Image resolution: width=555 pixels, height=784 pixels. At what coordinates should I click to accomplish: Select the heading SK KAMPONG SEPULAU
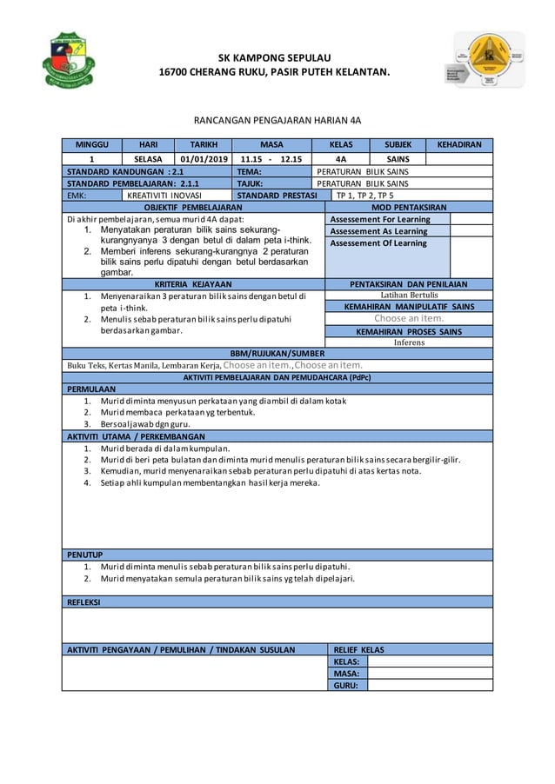pyautogui.click(x=277, y=54)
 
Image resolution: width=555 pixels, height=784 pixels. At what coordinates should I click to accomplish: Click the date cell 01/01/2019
pyautogui.click(x=203, y=160)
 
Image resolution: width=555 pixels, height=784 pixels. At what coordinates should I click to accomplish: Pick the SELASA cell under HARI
pyautogui.click(x=146, y=160)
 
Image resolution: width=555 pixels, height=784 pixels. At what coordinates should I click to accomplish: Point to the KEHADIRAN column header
pyautogui.click(x=458, y=146)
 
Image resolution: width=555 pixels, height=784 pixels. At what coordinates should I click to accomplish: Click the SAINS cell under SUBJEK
pyautogui.click(x=398, y=160)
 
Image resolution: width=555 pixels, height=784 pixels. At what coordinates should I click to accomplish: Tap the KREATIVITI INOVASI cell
pyautogui.click(x=165, y=196)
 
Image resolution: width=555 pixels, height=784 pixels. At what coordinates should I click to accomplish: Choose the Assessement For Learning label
pyautogui.click(x=379, y=220)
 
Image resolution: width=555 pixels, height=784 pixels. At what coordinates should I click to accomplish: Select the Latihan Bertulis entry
pyautogui.click(x=408, y=296)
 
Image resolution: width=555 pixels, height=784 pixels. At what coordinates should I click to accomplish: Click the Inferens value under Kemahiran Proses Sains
pyautogui.click(x=408, y=342)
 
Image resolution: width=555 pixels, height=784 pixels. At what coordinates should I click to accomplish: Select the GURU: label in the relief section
pyautogui.click(x=346, y=685)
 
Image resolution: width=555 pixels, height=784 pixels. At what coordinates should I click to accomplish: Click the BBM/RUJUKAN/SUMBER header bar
pyautogui.click(x=277, y=354)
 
